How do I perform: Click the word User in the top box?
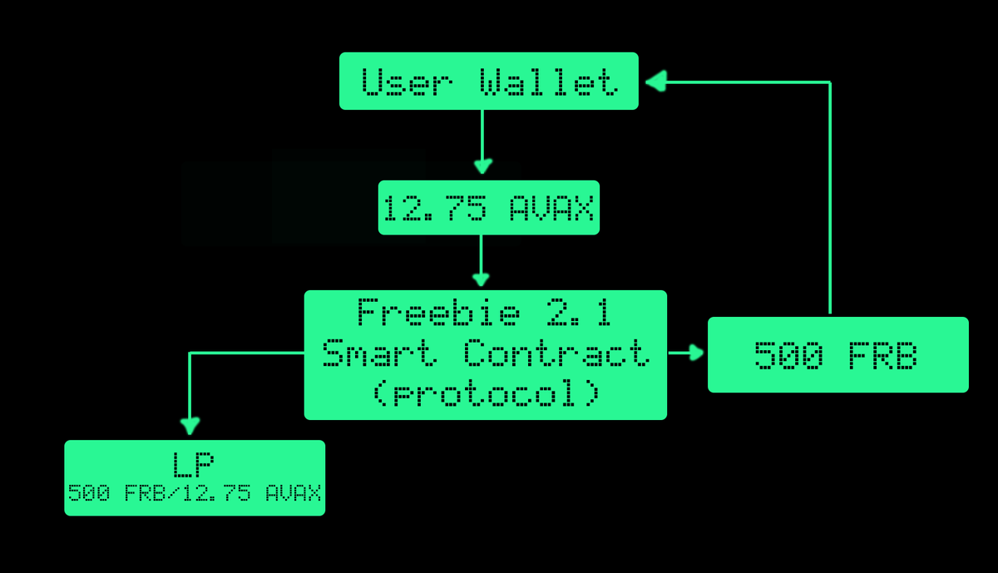pos(407,82)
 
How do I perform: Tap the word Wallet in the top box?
pos(548,82)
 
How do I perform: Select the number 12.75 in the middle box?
pos(434,209)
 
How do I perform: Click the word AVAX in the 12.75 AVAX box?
pos(551,209)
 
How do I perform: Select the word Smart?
pos(380,353)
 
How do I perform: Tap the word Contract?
pos(556,353)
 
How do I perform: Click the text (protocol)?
pos(485,393)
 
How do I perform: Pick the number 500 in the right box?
pos(788,356)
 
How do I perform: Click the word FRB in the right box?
pos(882,356)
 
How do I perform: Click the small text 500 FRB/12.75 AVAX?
pos(194,493)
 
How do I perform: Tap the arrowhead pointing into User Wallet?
pos(656,81)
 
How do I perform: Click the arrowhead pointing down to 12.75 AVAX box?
pos(482,166)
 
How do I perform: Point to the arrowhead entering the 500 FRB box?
pos(696,353)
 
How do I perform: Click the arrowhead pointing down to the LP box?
pos(190,426)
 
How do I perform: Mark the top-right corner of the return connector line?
pos(829,82)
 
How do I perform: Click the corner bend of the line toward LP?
pos(190,353)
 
